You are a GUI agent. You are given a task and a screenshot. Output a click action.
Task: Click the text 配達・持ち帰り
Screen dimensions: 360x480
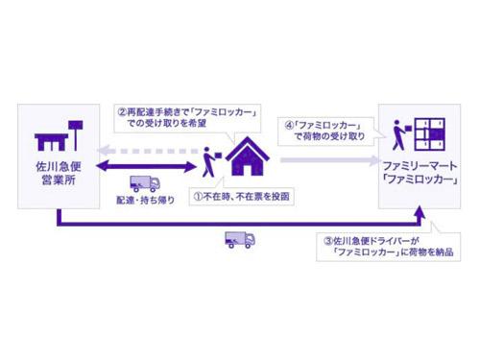[144, 204]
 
